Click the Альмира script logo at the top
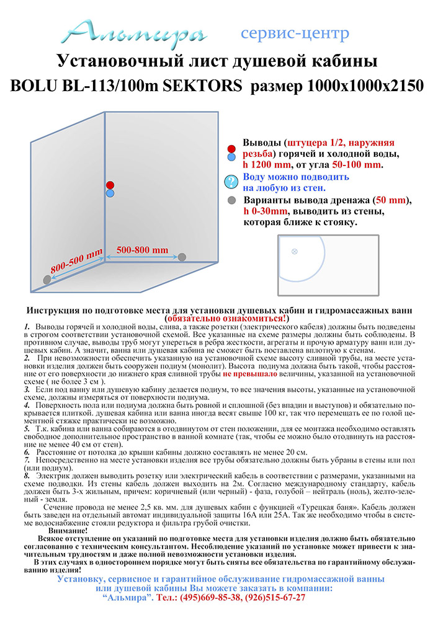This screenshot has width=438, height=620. (138, 31)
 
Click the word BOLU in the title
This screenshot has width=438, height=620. (32, 86)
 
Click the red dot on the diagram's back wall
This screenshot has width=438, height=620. (110, 185)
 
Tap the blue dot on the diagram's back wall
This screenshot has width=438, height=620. (110, 193)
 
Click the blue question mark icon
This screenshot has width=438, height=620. (231, 182)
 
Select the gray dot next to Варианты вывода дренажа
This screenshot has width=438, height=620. (231, 201)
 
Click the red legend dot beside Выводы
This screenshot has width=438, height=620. (231, 149)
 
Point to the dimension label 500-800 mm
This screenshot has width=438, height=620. (142, 249)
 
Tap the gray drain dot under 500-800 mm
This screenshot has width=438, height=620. (182, 257)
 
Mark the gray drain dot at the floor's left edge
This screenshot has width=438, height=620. (47, 280)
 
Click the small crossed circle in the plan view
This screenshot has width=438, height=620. (295, 251)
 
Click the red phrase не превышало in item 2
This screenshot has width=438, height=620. (254, 375)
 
